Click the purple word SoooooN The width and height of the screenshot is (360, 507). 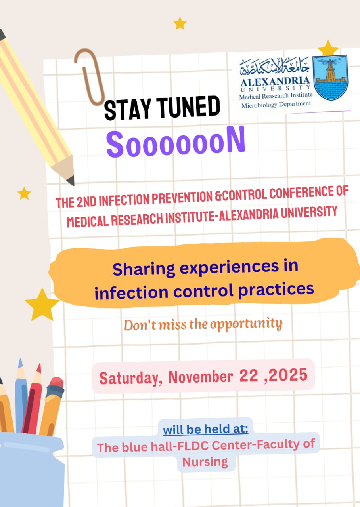pyautogui.click(x=175, y=143)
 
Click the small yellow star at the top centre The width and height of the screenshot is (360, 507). pyautogui.click(x=180, y=23)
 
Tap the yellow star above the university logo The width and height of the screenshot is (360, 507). pyautogui.click(x=328, y=49)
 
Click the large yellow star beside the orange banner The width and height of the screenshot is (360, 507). pyautogui.click(x=42, y=305)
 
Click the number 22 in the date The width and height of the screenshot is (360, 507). pyautogui.click(x=249, y=375)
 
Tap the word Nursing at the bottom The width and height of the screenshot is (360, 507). pyautogui.click(x=205, y=461)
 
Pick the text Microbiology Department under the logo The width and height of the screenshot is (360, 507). pyautogui.click(x=276, y=104)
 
